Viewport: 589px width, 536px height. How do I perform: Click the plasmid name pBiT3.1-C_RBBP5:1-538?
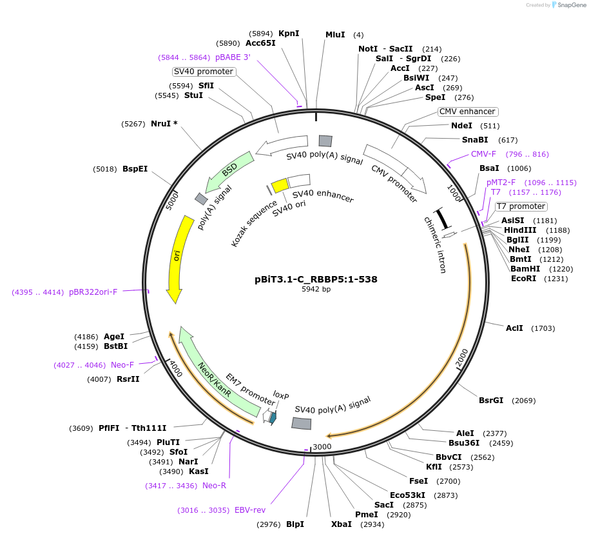coord(316,280)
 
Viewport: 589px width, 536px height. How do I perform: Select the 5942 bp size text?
coord(316,290)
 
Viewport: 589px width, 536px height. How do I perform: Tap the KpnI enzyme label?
coord(289,34)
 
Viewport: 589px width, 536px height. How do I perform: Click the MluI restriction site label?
coord(335,34)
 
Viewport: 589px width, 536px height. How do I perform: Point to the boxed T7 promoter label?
coord(521,206)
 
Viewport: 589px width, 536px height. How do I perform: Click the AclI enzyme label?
coord(514,328)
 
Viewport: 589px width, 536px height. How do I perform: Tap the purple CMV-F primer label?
coord(483,154)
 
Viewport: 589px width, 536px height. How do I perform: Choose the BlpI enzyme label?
coord(294,524)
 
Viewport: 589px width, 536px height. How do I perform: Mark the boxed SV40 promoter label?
coord(203,72)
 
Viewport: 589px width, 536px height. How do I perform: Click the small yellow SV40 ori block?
coord(280,186)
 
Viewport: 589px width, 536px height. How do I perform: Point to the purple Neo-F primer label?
coord(122,365)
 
